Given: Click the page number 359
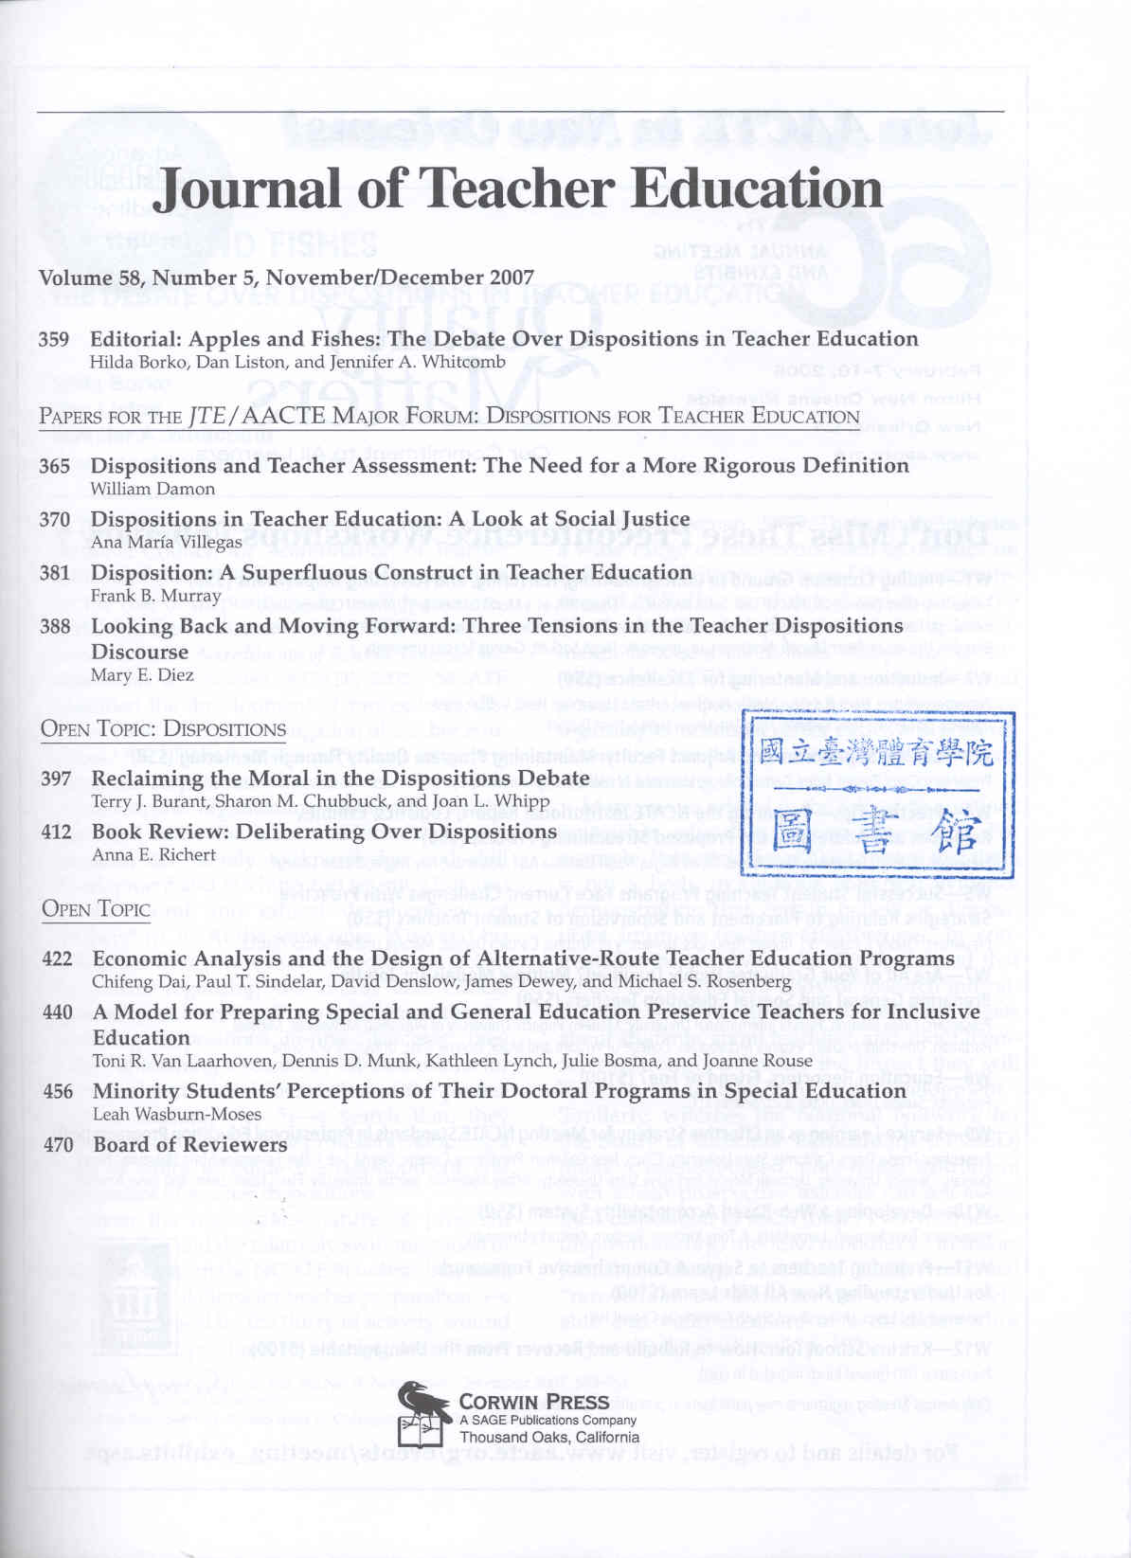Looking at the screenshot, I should point(54,339).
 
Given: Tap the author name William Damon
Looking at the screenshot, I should point(153,489).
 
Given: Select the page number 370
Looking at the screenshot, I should point(54,519).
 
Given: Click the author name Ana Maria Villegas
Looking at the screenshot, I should point(166,543).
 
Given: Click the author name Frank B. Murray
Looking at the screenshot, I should point(155,596).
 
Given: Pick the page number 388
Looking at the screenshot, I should point(54,626).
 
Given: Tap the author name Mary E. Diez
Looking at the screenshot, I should point(142,675).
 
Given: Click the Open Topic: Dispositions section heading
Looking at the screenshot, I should point(163,729).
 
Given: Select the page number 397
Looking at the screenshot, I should point(56,779).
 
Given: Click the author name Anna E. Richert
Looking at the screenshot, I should point(153,854).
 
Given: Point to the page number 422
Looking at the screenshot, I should point(57,958).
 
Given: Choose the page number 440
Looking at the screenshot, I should point(57,1012).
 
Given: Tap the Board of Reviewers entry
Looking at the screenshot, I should point(189,1144).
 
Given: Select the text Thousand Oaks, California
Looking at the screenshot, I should point(549,1437).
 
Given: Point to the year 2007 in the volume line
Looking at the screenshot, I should point(512,278).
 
